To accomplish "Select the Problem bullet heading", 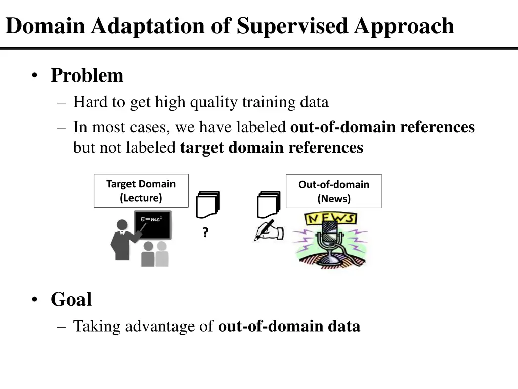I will [87, 75].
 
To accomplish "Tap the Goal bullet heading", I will [71, 299].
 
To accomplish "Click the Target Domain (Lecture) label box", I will [141, 191].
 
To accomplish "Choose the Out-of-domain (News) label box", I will [334, 191].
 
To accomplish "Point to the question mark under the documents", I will [205, 233].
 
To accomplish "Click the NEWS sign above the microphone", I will [330, 219].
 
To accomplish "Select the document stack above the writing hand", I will [268, 204].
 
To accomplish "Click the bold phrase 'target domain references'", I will [271, 148].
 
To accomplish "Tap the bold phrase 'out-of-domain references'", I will [382, 127].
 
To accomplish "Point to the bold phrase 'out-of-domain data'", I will [289, 326].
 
